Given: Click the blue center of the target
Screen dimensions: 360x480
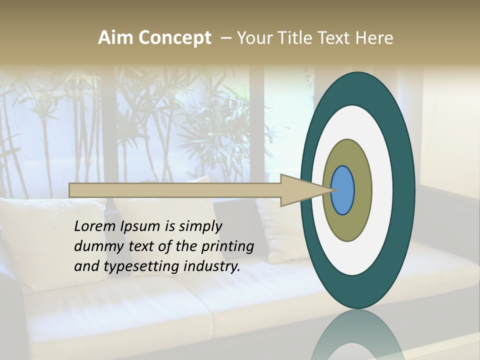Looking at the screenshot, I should pyautogui.click(x=343, y=190).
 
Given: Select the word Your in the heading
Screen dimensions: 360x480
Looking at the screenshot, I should pyautogui.click(x=254, y=38).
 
